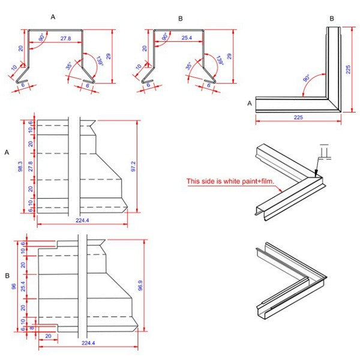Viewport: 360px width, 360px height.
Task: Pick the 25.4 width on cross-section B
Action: click(185, 38)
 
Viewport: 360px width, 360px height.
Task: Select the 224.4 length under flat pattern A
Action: click(82, 220)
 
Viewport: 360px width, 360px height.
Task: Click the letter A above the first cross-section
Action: click(53, 18)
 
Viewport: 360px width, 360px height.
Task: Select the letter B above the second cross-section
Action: click(180, 18)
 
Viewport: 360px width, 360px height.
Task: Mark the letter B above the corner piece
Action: click(332, 18)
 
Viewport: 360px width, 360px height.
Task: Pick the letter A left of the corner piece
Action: click(250, 103)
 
